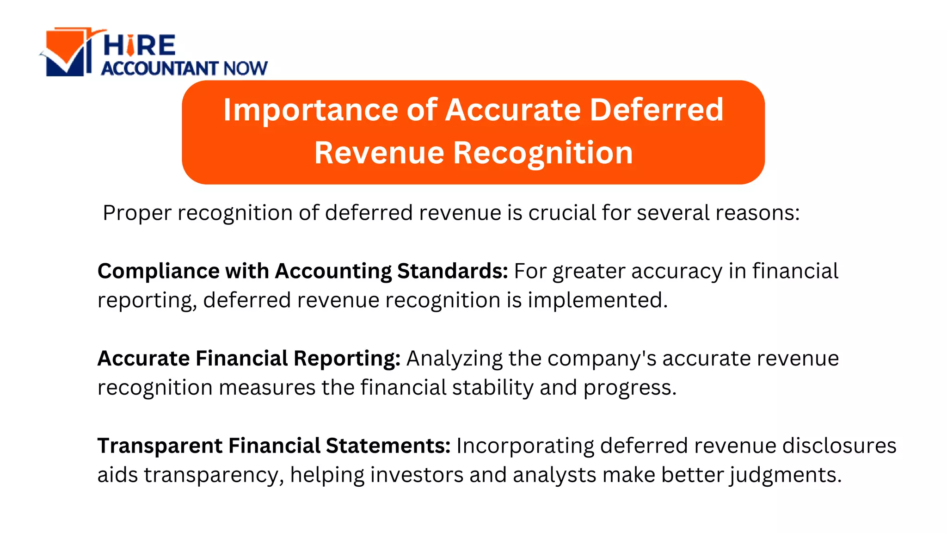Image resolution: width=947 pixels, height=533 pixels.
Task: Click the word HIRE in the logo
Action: point(139,46)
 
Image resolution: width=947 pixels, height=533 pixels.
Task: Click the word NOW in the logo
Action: point(245,68)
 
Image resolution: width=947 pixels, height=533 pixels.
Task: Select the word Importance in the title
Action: point(310,110)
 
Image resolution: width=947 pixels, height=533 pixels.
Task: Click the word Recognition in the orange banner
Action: point(543,153)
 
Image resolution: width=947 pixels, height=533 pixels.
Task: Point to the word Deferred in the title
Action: point(656,110)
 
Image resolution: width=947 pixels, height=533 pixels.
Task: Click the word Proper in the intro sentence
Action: point(137,213)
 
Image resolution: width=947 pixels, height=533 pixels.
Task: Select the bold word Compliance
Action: point(158,272)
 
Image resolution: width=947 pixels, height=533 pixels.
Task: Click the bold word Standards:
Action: point(452,271)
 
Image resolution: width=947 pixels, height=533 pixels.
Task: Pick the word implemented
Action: point(597,300)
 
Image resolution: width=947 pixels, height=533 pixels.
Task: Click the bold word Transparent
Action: point(160,446)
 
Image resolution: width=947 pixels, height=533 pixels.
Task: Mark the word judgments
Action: point(786,475)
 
